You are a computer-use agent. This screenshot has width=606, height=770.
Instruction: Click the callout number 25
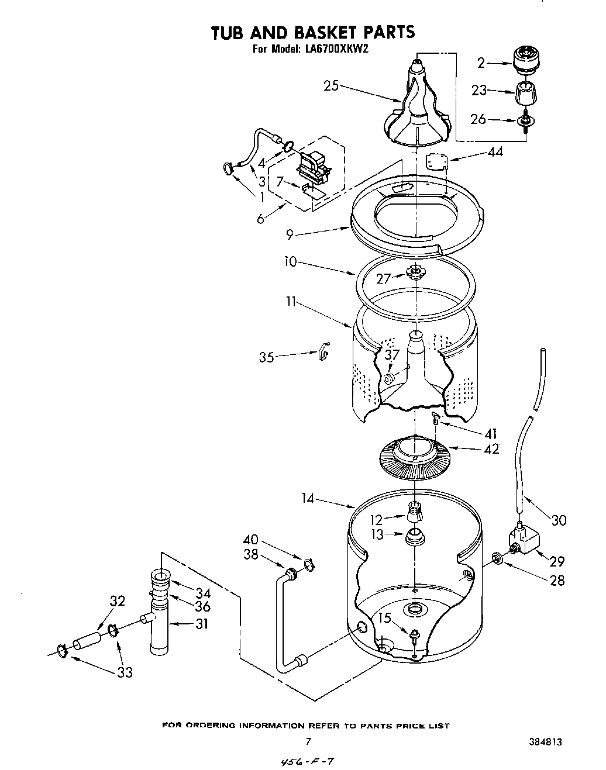coord(332,85)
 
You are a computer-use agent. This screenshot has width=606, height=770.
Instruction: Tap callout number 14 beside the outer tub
coord(308,499)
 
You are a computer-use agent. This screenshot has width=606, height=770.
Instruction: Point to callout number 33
coord(125,672)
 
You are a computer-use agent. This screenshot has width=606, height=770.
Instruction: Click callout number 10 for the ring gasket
coord(291,263)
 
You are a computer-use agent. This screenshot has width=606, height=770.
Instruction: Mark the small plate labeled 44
coord(436,161)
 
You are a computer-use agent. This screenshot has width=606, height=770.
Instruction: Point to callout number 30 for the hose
coord(559,519)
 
